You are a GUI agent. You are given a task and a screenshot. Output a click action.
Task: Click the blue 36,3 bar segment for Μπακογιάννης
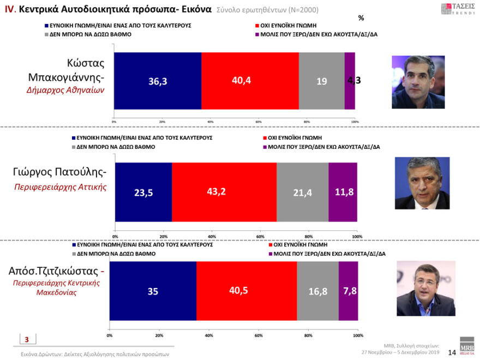[x=158, y=81]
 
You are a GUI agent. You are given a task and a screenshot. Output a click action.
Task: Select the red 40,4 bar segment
[x=250, y=81]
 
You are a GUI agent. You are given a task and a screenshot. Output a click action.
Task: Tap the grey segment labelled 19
[x=321, y=81]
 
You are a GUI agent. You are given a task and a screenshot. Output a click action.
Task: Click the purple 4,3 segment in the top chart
[x=350, y=81]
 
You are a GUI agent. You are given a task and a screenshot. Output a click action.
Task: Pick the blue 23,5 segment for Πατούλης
[x=143, y=191]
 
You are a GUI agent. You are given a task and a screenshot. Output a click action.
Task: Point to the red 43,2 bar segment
[x=224, y=191]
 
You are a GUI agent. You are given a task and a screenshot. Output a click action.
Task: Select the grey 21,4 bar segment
[x=302, y=191]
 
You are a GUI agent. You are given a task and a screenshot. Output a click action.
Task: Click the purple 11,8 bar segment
[x=343, y=191]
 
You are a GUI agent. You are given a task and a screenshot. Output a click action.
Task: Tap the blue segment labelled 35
[x=153, y=291]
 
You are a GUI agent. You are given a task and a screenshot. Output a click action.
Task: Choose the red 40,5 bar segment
[x=247, y=291]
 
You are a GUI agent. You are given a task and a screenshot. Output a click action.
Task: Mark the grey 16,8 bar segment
[x=317, y=291]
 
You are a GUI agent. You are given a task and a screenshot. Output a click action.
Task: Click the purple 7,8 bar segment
[x=348, y=291]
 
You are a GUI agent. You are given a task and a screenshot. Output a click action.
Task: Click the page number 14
[x=451, y=352]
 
